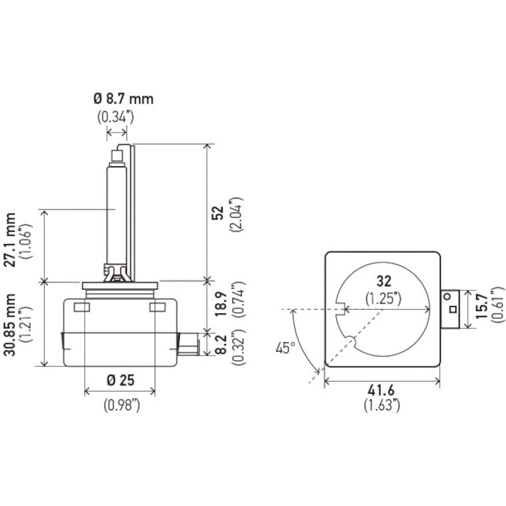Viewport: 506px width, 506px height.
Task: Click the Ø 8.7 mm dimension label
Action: (123, 99)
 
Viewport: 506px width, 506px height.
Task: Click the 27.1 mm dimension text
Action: (10, 240)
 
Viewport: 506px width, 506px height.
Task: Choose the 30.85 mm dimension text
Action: (10, 322)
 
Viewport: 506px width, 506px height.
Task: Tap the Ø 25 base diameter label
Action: (120, 380)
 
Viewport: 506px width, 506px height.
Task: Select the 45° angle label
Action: (286, 348)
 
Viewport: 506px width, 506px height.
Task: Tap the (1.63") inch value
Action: (382, 403)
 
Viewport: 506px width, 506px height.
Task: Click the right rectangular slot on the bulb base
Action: (158, 307)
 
